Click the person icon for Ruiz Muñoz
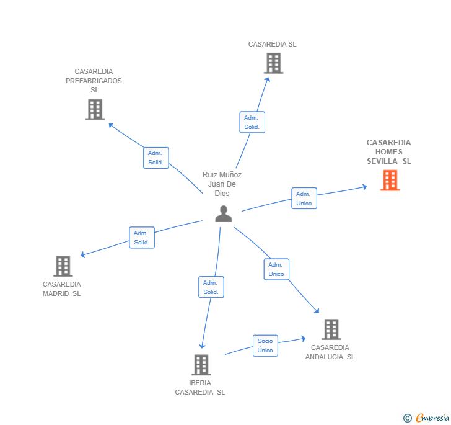click(223, 214)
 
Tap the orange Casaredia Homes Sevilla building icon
click(390, 180)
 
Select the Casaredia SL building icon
click(273, 63)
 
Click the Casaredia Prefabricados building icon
click(95, 110)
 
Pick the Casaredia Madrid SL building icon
click(63, 266)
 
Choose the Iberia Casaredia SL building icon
click(201, 365)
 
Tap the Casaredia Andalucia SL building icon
click(331, 329)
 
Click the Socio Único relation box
click(265, 346)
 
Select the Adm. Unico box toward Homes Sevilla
click(304, 199)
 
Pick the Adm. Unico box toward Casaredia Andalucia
click(276, 269)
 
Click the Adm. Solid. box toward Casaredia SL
click(252, 122)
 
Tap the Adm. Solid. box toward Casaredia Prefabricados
click(155, 158)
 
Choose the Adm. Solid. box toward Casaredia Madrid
click(141, 238)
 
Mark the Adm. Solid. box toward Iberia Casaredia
click(211, 287)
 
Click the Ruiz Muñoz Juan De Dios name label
click(222, 184)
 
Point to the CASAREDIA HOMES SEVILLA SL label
click(388, 152)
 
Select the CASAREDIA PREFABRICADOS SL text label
click(94, 81)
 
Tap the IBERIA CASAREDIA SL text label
click(200, 387)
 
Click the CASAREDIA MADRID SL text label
click(61, 289)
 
